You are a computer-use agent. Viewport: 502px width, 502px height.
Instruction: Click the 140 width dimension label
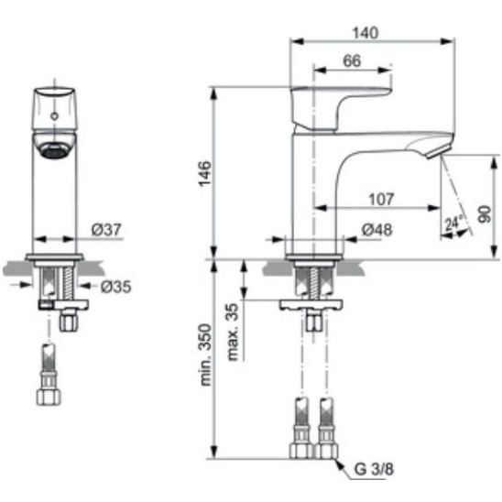365,33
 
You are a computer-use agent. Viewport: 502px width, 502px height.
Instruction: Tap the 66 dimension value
352,60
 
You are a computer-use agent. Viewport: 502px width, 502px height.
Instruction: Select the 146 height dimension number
205,173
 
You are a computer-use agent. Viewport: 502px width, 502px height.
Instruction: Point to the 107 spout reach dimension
381,199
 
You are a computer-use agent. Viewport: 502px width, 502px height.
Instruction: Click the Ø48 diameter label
376,230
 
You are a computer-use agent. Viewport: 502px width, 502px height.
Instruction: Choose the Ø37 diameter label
106,230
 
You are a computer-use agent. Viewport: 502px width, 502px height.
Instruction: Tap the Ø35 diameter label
116,287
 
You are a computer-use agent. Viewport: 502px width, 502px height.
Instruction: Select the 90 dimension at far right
485,214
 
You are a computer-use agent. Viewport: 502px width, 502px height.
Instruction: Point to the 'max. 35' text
233,332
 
